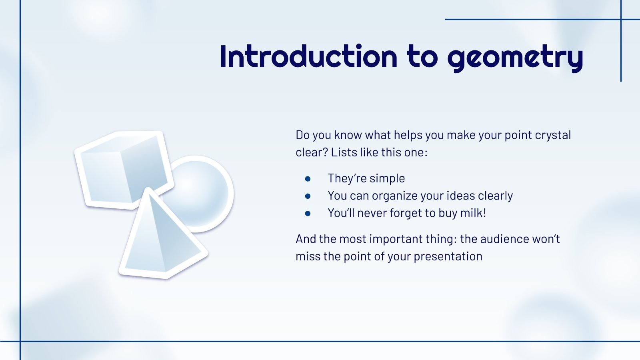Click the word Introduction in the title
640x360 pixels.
click(308, 56)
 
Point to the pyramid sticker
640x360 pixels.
click(160, 240)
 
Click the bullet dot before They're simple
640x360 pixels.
click(308, 179)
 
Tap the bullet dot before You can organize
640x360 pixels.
click(308, 196)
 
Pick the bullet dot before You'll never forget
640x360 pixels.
click(308, 213)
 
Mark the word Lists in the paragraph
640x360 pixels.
click(344, 152)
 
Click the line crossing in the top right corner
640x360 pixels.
click(621, 19)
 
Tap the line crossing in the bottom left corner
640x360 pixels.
click(20, 341)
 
